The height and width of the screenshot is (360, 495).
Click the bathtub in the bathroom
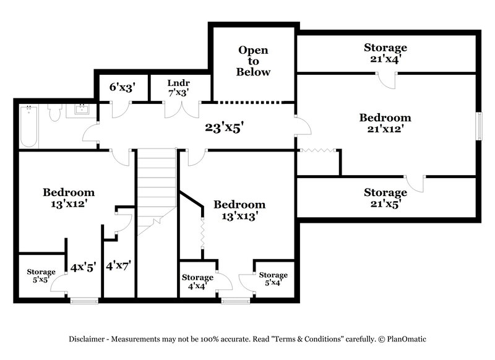[x=28, y=127]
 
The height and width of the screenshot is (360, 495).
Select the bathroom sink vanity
[x=82, y=110]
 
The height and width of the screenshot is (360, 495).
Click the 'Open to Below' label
[x=254, y=61]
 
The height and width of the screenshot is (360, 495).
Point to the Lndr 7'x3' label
[x=178, y=87]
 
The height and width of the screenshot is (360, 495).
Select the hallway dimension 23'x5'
[x=225, y=128]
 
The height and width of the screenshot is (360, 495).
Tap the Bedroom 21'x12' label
[x=385, y=123]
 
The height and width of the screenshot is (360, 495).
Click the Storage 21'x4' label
[x=385, y=53]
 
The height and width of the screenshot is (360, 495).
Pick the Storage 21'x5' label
[x=385, y=198]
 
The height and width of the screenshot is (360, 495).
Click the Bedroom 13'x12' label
[x=68, y=197]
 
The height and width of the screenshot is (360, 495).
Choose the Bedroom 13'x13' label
[x=239, y=210]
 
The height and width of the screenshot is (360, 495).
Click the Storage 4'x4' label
[x=197, y=282]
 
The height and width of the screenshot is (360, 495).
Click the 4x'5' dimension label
[x=83, y=267]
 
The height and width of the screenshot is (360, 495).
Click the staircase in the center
[x=156, y=192]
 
